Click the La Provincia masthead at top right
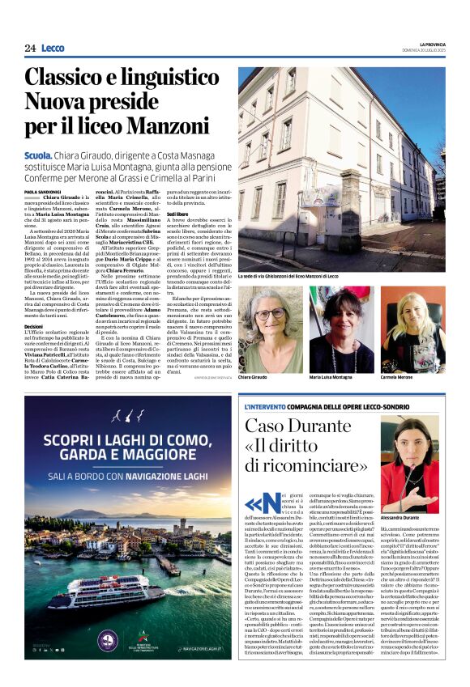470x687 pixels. point(432,44)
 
